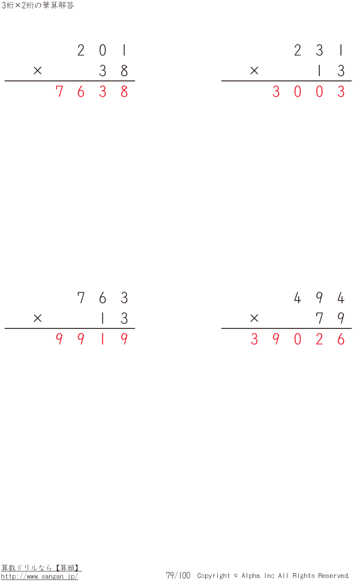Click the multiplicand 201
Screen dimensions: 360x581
[103, 50]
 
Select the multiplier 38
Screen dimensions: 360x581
[113, 70]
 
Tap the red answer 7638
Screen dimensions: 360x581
[92, 91]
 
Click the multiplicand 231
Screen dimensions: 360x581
[319, 50]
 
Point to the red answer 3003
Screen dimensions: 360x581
[308, 91]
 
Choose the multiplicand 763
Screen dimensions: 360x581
[103, 298]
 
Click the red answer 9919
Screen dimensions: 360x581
[92, 339]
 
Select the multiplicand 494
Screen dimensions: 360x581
[319, 298]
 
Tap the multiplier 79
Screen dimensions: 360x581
[330, 318]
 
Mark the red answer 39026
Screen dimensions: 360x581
[298, 339]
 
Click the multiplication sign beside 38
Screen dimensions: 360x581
[37, 70]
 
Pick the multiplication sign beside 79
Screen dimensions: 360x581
[254, 318]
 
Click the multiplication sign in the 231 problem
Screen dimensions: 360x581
[254, 70]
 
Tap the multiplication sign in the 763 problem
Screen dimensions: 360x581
[37, 318]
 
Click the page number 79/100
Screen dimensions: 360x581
[178, 576]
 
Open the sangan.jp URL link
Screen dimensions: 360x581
[40, 577]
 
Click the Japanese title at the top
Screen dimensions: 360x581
[37, 5]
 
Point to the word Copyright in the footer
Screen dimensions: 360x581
[214, 576]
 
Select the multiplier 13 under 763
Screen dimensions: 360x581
[113, 318]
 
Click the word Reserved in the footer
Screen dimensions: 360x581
[334, 576]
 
